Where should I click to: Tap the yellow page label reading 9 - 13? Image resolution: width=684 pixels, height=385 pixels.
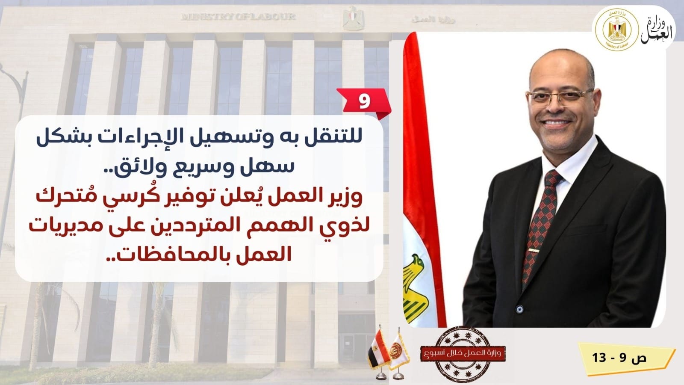pos(626,358)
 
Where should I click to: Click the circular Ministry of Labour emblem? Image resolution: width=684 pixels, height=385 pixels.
pos(617,30)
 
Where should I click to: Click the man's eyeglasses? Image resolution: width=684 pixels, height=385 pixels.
pos(560,97)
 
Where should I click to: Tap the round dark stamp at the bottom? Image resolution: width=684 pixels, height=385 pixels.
pos(463,355)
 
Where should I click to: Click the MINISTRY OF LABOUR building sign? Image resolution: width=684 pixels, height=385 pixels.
pos(239,16)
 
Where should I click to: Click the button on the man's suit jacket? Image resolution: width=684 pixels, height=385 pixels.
pos(519,309)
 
